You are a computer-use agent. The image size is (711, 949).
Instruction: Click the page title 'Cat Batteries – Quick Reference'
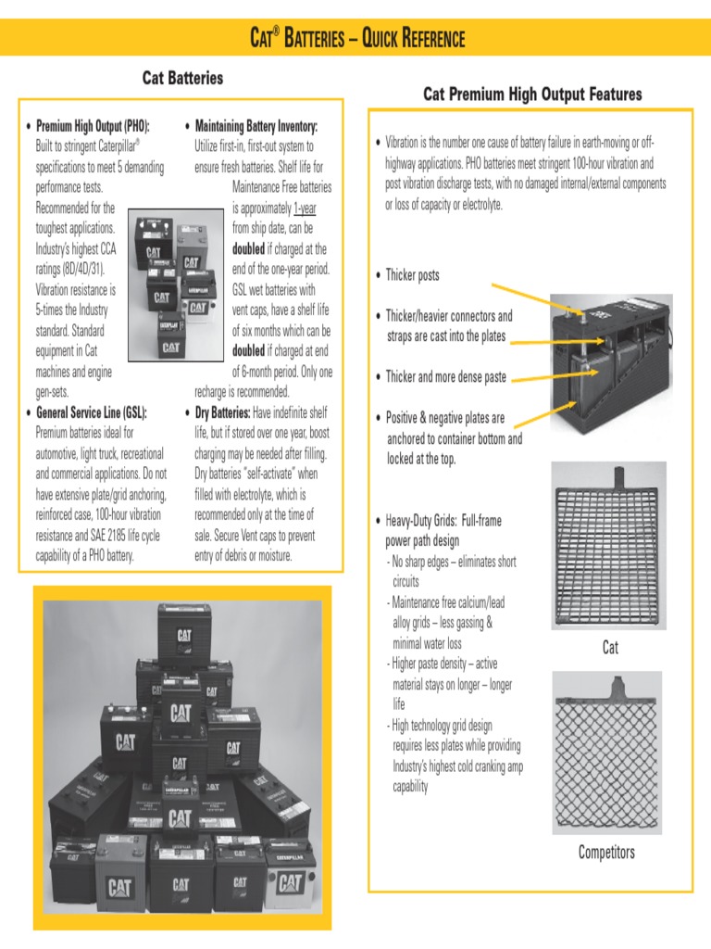point(357,38)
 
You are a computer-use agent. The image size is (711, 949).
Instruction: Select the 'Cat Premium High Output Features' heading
point(531,95)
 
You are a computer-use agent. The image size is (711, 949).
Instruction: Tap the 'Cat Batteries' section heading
point(182,78)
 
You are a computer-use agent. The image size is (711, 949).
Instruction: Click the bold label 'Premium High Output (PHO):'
point(93,125)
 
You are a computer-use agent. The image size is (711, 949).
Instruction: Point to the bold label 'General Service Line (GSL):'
point(91,412)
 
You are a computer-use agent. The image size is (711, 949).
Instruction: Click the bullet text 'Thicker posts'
point(412,275)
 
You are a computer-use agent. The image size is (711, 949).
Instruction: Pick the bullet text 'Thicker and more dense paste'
point(445,376)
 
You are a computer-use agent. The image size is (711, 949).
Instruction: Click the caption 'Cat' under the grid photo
point(610,648)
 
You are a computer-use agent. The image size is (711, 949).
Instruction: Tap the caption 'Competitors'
point(606,852)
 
